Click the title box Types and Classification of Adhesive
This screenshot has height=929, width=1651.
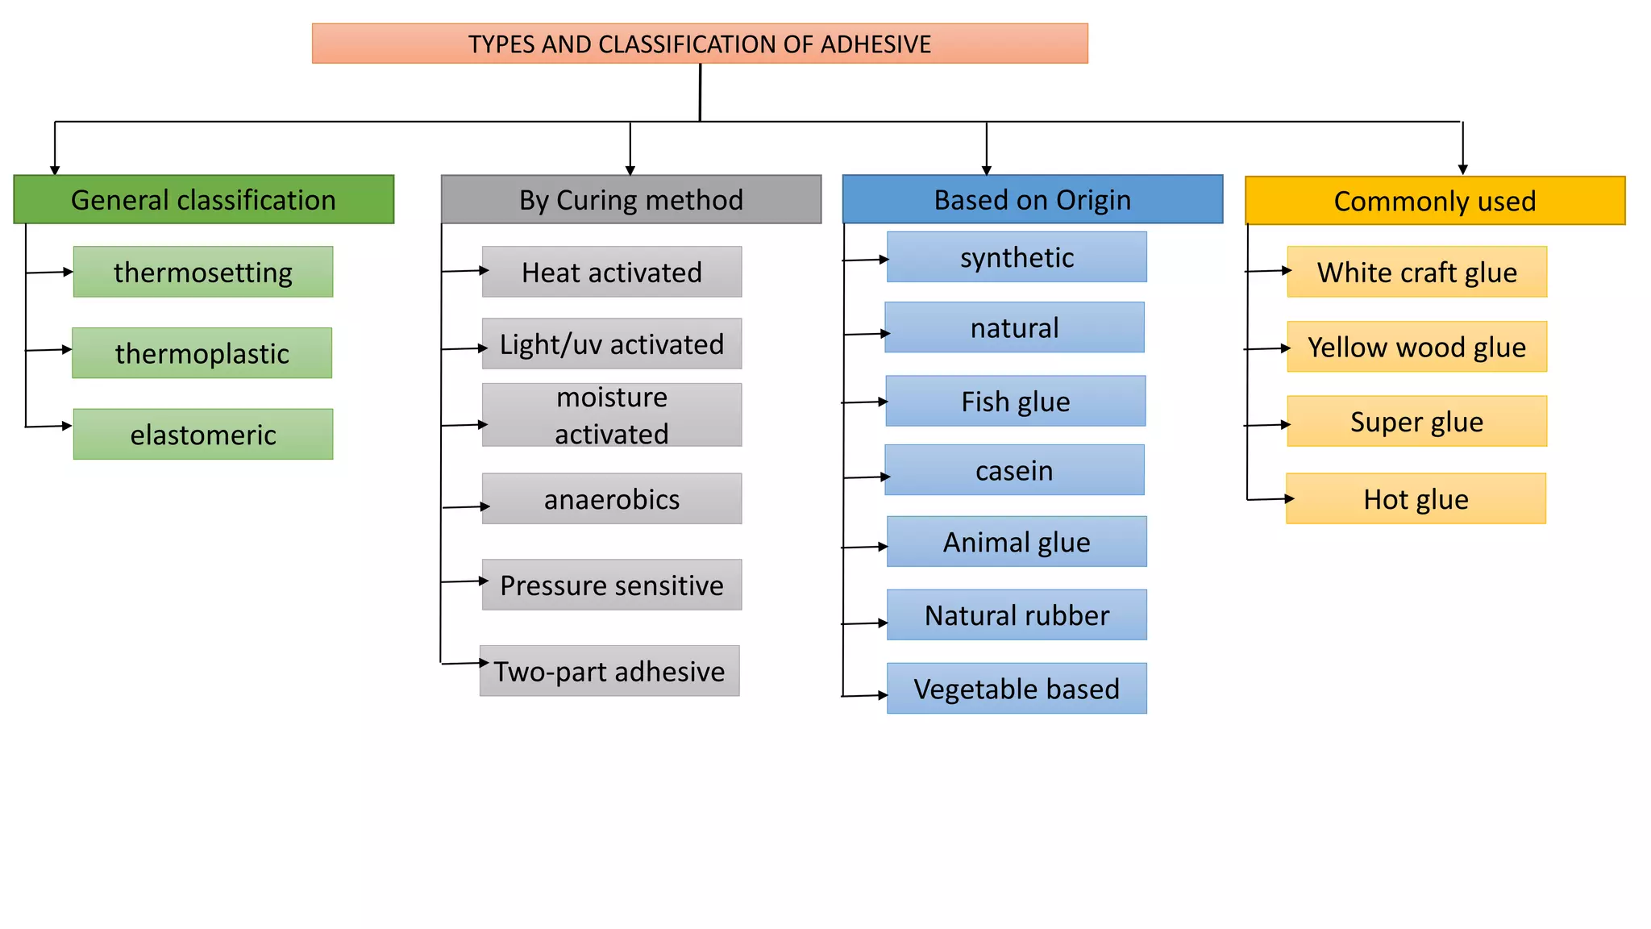[700, 44]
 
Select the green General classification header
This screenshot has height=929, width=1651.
[203, 199]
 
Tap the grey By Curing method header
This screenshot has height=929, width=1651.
[631, 199]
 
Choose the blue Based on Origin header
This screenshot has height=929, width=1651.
[1032, 199]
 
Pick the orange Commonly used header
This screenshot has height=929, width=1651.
[1435, 201]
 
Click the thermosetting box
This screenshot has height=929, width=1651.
[203, 272]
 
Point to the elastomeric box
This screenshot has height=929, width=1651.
[203, 435]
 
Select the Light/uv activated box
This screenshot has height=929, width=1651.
[612, 344]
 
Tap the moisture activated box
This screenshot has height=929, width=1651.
[612, 415]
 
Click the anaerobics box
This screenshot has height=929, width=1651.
[612, 499]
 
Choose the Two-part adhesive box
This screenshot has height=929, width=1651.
[609, 671]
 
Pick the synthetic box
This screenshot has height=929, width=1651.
[1017, 257]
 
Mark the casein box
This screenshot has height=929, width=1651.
[1014, 470]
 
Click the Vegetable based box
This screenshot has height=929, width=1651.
[1017, 689]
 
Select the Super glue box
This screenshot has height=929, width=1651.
[1416, 421]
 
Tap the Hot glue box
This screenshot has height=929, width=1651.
[1416, 499]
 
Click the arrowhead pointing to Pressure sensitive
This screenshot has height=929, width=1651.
[484, 581]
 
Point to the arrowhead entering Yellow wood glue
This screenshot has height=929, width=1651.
[1286, 348]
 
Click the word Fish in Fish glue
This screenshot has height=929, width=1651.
[985, 402]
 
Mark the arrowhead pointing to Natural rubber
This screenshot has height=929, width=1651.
[883, 623]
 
